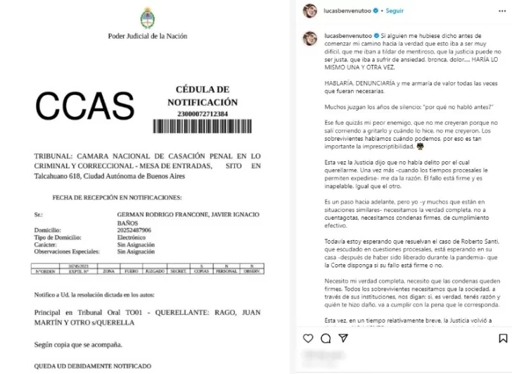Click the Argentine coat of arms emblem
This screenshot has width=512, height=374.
click(147, 19)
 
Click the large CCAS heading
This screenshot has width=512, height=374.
click(84, 106)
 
